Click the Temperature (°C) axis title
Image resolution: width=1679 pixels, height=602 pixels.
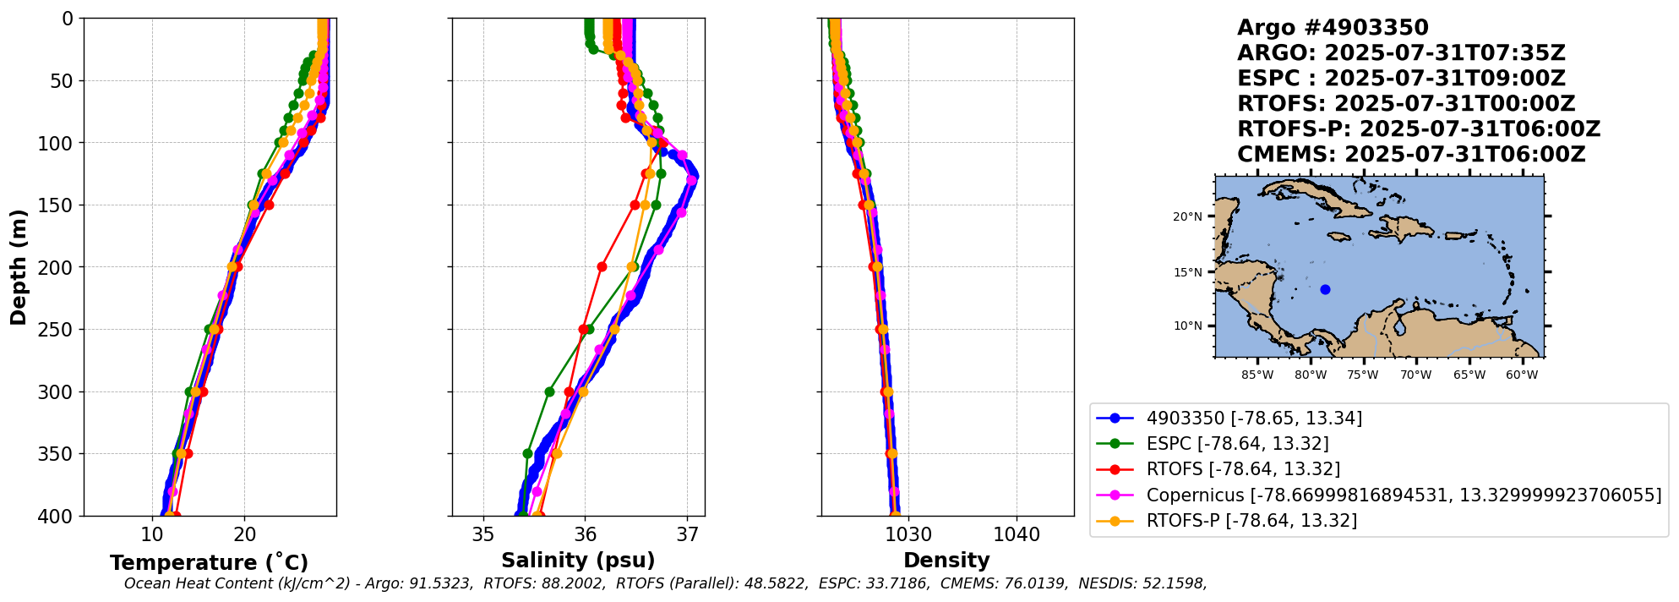[209, 563]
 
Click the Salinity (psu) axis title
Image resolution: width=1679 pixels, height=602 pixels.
[578, 561]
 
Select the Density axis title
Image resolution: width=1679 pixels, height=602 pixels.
[946, 561]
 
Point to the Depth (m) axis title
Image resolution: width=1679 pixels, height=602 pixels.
[19, 267]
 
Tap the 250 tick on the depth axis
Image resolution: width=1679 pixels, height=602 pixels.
[60, 330]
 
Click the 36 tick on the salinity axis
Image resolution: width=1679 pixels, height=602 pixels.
[586, 534]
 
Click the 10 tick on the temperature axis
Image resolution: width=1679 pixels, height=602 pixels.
[152, 534]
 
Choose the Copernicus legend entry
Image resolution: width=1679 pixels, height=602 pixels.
[1403, 495]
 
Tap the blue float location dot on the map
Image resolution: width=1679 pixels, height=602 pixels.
[1325, 290]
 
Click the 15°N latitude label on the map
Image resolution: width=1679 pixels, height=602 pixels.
[1187, 273]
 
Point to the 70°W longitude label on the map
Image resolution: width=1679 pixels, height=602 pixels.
[1415, 375]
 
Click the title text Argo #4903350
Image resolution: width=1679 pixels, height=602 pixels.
[1333, 28]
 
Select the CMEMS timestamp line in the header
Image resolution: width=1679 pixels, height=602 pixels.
[1411, 155]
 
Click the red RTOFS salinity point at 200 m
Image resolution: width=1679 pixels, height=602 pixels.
[602, 267]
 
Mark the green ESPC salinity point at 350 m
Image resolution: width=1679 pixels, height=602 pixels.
[528, 454]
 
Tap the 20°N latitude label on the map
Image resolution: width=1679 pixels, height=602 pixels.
[1187, 217]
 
